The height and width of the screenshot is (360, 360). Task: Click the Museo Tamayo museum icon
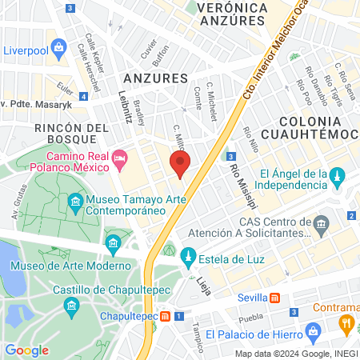tap(76, 201)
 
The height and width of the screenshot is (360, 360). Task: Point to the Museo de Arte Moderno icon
tap(113, 242)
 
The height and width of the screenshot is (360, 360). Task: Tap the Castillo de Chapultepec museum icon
tap(71, 305)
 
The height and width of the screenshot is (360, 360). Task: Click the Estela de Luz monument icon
tap(189, 257)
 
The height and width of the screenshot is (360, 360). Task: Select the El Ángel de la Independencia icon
tap(338, 174)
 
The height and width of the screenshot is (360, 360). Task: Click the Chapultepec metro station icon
tap(165, 315)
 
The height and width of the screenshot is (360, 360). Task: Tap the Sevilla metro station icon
tap(274, 298)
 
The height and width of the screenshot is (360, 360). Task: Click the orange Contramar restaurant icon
tap(347, 323)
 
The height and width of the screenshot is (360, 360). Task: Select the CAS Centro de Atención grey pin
tap(322, 222)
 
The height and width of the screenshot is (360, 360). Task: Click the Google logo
tap(27, 350)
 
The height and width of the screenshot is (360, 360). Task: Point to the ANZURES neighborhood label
tap(155, 78)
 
